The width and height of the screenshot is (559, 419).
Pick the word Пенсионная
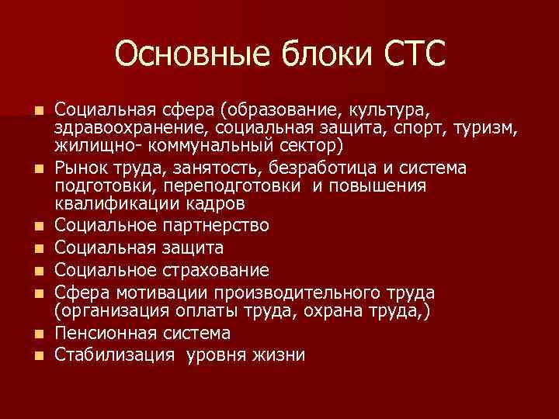(110, 334)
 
